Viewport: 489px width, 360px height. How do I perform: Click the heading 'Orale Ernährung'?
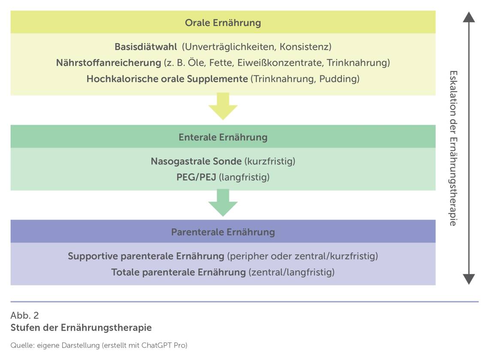(223, 23)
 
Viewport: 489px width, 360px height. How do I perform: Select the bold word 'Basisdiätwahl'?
(146, 46)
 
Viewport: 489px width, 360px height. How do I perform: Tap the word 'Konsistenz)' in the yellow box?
(305, 47)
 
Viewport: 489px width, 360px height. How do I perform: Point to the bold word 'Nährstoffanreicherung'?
(109, 63)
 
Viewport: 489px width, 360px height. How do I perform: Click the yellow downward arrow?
(223, 106)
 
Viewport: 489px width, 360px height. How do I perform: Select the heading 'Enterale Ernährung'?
(223, 137)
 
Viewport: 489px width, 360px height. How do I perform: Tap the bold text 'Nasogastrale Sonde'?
(196, 161)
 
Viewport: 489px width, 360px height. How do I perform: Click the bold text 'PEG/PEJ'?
(196, 177)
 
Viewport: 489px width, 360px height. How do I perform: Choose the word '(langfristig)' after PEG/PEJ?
(244, 178)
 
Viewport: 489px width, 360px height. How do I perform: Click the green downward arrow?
(223, 203)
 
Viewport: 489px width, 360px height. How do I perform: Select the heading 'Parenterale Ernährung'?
(223, 232)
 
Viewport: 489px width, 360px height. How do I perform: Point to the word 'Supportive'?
(93, 256)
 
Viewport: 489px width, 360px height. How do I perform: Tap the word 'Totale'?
(125, 272)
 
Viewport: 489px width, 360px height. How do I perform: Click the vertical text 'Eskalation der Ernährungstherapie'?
(453, 148)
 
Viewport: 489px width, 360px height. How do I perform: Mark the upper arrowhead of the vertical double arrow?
(469, 17)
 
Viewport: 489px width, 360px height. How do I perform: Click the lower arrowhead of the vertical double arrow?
(469, 279)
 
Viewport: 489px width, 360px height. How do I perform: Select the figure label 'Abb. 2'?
(24, 315)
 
